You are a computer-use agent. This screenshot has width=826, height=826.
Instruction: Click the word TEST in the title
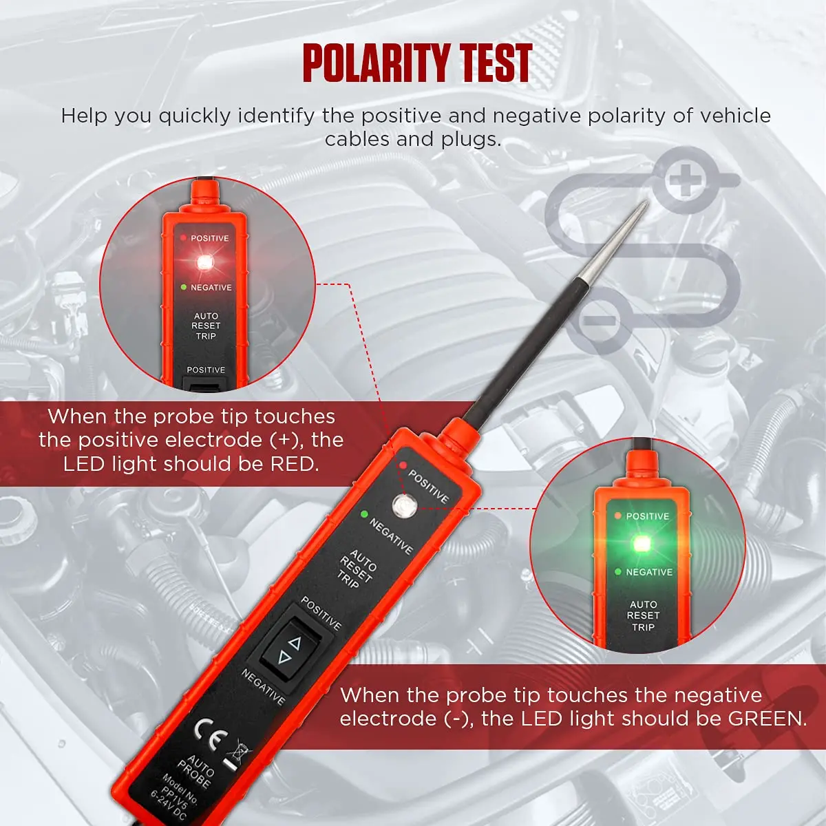(496, 63)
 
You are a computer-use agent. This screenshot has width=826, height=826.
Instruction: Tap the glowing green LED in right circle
(643, 543)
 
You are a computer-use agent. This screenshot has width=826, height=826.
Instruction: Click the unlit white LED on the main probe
(402, 506)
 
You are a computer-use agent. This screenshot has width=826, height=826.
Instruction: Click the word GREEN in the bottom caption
(766, 719)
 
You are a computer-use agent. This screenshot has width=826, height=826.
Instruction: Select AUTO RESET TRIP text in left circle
(206, 326)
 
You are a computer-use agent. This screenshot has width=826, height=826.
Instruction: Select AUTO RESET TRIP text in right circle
(643, 615)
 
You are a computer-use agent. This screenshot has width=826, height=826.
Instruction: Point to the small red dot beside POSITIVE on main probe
(402, 465)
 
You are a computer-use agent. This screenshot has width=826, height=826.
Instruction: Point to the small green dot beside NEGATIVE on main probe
(363, 513)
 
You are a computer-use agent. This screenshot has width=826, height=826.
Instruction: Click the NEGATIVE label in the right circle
(648, 572)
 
